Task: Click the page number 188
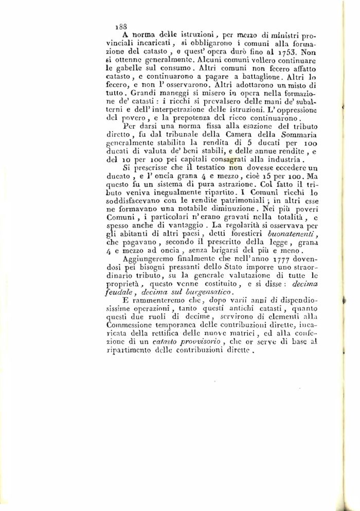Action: pyautogui.click(x=121, y=24)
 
